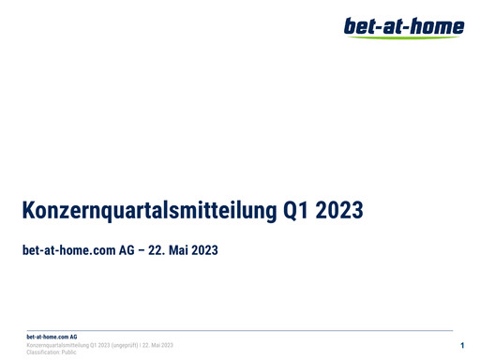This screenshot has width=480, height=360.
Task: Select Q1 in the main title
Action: click(x=295, y=211)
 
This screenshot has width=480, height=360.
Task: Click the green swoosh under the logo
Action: click(x=412, y=37)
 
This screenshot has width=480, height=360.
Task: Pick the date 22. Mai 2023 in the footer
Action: click(x=157, y=345)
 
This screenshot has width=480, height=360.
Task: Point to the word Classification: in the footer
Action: click(x=43, y=352)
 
